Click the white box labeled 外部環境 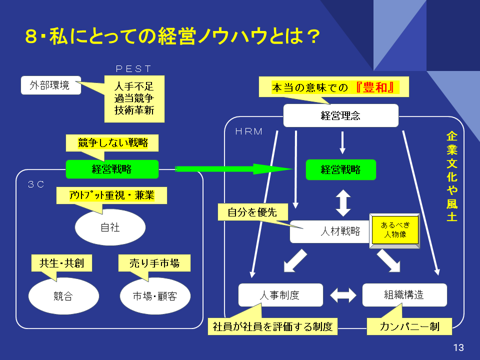[x=51, y=85]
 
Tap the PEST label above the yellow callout [x=133, y=69]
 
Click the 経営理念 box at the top [x=340, y=116]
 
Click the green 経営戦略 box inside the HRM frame [x=340, y=170]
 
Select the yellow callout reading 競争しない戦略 [x=113, y=142]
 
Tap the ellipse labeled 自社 [x=110, y=227]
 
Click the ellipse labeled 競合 [x=63, y=296]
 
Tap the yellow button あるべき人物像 [x=394, y=230]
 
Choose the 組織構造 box [x=404, y=295]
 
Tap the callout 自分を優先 [x=252, y=212]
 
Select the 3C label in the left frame [x=36, y=184]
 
